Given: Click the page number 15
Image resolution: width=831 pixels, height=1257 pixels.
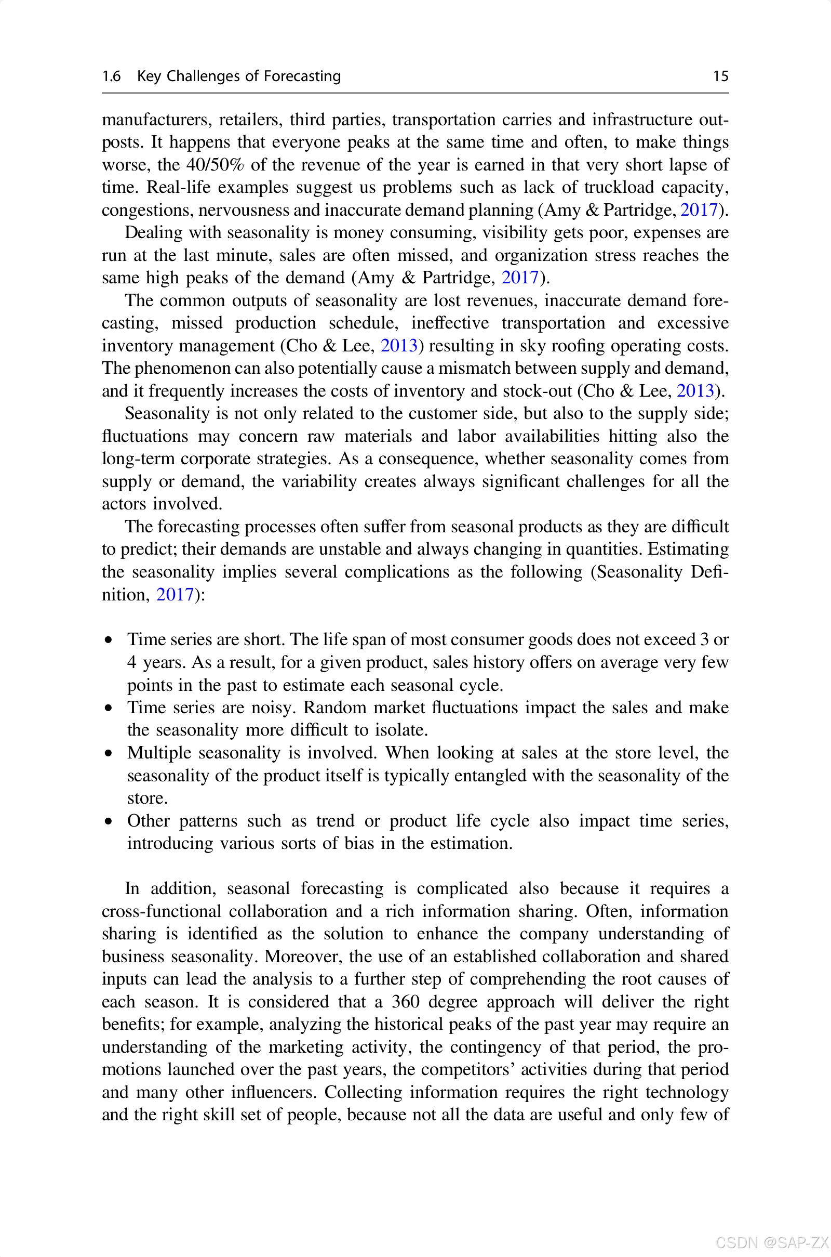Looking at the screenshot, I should coord(720,76).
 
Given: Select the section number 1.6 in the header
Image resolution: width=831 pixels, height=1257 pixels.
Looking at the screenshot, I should coord(111,76).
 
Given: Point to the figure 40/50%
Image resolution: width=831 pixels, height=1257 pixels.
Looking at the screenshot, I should coord(215,165).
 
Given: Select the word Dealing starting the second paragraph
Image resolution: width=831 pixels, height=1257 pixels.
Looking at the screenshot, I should coord(153,233).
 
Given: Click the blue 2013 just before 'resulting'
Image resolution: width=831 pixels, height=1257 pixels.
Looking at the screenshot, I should coord(399,346).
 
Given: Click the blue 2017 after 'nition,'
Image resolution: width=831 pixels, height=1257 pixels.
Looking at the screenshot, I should coord(175,595).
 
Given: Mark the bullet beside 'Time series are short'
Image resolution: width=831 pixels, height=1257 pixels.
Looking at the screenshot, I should coord(109,640).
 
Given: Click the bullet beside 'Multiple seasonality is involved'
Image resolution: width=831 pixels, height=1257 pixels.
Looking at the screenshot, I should coord(109,753).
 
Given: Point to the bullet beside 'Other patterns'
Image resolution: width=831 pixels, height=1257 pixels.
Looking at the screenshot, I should coord(109,821).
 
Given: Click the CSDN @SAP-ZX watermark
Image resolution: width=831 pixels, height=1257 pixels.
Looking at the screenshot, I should coord(772,1242).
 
